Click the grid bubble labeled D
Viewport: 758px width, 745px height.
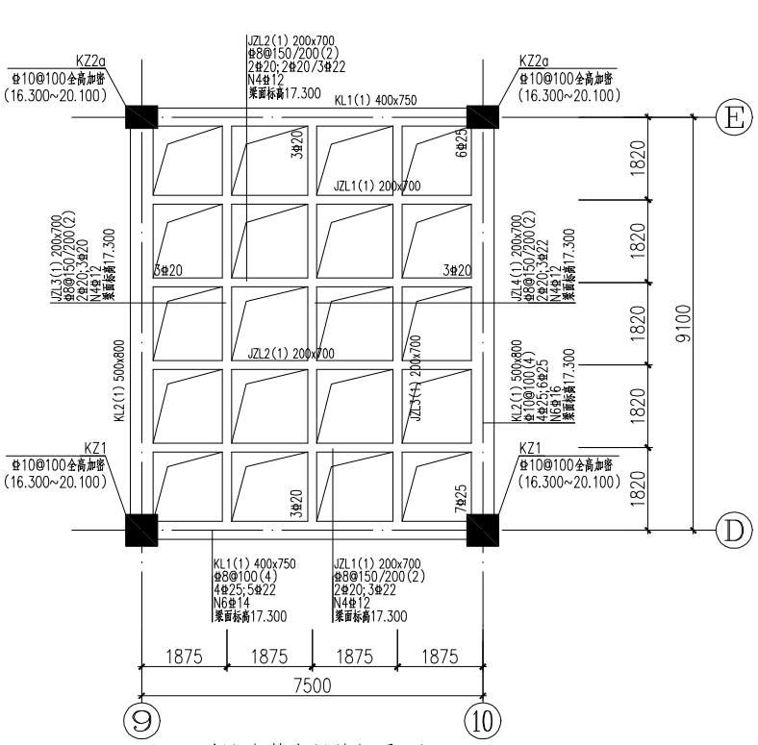[734, 529]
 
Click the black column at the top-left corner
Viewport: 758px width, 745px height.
[141, 116]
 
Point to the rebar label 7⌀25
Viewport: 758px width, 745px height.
[461, 495]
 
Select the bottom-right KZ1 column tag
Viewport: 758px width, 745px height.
[531, 449]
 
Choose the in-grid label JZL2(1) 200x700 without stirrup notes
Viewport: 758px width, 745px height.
[291, 354]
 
